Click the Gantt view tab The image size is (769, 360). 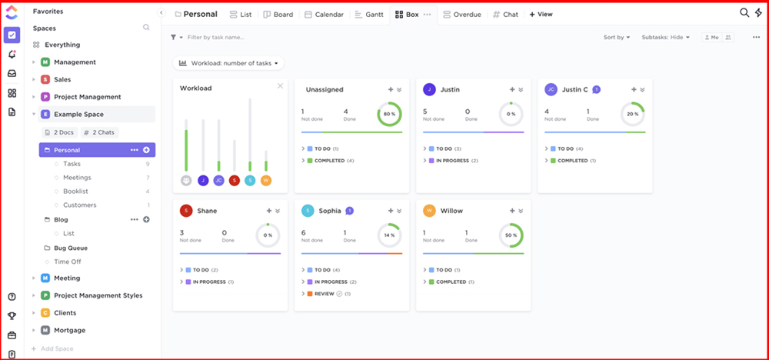[x=369, y=15]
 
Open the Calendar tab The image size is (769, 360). [x=324, y=15]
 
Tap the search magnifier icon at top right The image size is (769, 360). [x=744, y=13]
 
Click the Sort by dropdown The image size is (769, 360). [x=617, y=37]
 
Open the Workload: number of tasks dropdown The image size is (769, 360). [x=228, y=63]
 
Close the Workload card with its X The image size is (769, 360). [x=280, y=86]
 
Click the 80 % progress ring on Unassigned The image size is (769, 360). [x=389, y=115]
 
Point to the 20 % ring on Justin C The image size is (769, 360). [x=632, y=115]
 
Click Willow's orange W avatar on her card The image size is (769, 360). [x=429, y=211]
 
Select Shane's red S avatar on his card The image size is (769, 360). [x=186, y=211]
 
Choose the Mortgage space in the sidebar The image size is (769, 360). [x=69, y=330]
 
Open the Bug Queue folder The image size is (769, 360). [x=70, y=248]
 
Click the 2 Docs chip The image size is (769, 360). [x=58, y=132]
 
